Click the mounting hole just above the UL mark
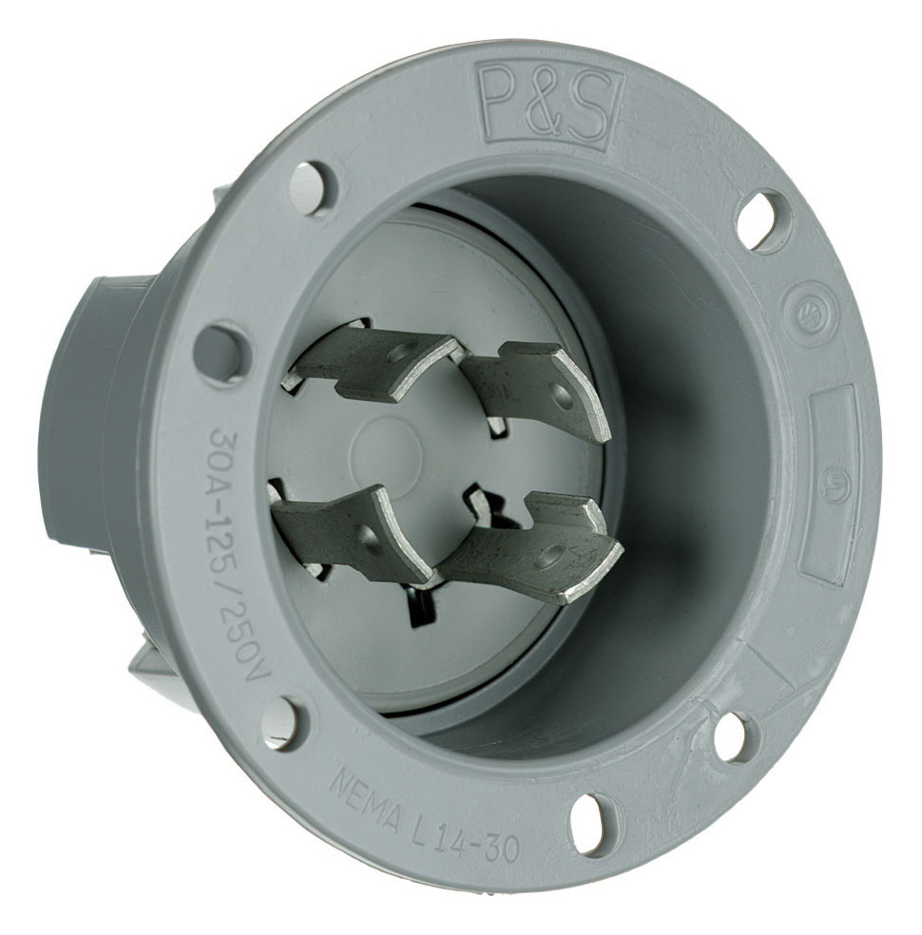[764, 220]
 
